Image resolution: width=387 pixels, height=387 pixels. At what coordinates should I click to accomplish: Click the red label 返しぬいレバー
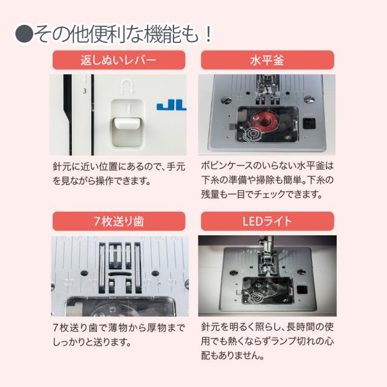(x=119, y=60)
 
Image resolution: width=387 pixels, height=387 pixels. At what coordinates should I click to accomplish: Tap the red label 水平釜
(x=267, y=60)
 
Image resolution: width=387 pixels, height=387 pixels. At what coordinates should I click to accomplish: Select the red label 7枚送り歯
(x=119, y=221)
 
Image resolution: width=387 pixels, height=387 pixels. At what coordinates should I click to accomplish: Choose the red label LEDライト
(x=267, y=221)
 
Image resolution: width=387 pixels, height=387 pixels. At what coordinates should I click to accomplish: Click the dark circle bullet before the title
(x=24, y=34)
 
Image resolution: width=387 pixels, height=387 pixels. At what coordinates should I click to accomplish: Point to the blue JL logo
(x=172, y=106)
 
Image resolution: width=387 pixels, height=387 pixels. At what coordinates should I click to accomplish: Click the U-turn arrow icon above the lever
(x=128, y=86)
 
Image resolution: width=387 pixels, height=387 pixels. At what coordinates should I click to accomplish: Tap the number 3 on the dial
(x=85, y=91)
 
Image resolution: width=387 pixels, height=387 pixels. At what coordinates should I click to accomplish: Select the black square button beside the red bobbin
(x=309, y=123)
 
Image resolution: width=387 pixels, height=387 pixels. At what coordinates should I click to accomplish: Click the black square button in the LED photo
(x=302, y=290)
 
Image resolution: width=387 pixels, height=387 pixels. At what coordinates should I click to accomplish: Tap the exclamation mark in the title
(x=209, y=34)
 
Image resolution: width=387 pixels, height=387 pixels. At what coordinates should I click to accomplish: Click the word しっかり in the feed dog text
(x=70, y=342)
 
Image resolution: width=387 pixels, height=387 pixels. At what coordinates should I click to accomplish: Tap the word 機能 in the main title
(x=163, y=34)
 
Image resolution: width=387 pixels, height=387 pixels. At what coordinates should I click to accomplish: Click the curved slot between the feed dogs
(x=119, y=274)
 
